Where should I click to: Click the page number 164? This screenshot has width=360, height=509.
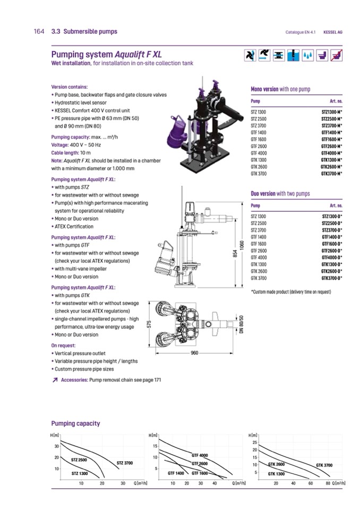38,32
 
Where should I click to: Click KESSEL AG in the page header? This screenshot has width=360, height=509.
333,32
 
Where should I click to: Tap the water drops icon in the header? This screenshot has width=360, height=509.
307,55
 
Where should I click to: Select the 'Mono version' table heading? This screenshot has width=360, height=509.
280,89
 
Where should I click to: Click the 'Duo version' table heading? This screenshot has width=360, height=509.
280,194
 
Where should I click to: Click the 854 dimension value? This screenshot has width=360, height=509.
234,255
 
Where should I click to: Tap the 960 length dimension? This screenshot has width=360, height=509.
194,353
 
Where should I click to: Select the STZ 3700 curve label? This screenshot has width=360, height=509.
124,463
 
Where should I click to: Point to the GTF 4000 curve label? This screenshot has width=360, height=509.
200,455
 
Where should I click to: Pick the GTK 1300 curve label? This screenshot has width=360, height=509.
276,473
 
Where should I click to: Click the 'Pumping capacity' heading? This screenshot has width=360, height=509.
75,424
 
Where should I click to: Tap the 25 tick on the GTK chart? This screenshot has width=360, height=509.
254,442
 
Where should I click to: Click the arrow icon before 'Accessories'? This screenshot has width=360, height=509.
55,380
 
